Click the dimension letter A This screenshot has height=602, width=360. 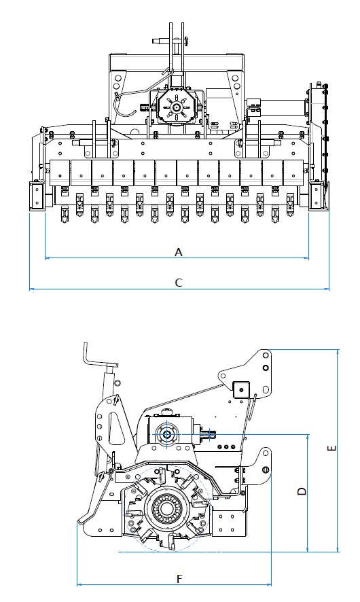179,252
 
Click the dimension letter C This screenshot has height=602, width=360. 179,283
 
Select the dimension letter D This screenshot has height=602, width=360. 302,491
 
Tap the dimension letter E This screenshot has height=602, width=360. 332,448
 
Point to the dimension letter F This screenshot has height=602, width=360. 179,579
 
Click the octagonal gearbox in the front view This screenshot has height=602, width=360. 177,107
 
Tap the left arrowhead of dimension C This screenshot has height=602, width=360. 31,289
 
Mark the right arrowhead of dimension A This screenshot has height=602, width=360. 306,258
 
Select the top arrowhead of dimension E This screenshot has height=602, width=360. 338,352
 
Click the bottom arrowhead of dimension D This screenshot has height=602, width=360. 308,550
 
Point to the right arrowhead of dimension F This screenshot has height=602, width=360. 269,585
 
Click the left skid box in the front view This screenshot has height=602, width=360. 37,196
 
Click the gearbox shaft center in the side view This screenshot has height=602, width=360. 167,434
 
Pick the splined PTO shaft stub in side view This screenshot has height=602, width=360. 210,434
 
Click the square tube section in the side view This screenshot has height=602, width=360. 241,391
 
